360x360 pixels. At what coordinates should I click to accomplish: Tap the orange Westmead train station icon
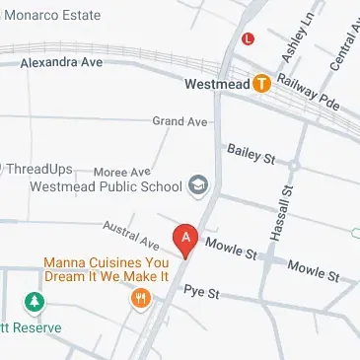click(261, 85)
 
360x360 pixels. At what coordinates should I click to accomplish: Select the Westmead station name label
click(217, 85)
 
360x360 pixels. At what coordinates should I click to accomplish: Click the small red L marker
click(249, 38)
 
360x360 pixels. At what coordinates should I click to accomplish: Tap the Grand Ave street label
click(180, 121)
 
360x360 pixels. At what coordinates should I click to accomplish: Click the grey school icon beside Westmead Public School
click(198, 185)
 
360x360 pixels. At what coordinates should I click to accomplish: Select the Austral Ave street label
click(130, 235)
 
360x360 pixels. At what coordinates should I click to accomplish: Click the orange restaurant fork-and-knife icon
click(143, 297)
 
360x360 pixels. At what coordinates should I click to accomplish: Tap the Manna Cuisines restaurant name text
click(106, 269)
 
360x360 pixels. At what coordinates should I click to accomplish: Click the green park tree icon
click(35, 301)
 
